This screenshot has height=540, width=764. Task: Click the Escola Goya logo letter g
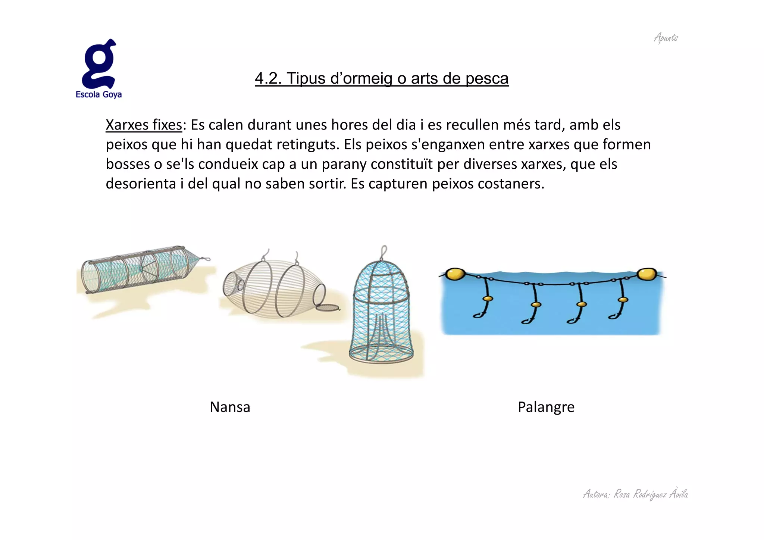tap(99, 64)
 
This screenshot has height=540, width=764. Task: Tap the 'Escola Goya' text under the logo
tap(98, 94)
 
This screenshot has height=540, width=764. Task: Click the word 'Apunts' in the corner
tap(666, 38)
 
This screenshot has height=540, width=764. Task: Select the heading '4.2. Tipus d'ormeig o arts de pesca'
tap(382, 79)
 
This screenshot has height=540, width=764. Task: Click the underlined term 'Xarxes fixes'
tap(144, 125)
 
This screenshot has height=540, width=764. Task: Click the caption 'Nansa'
tap(230, 407)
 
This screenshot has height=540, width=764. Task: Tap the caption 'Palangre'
tap(546, 407)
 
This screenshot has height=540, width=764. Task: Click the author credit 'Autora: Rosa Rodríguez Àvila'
tap(635, 494)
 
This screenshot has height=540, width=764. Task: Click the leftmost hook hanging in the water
tap(479, 315)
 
